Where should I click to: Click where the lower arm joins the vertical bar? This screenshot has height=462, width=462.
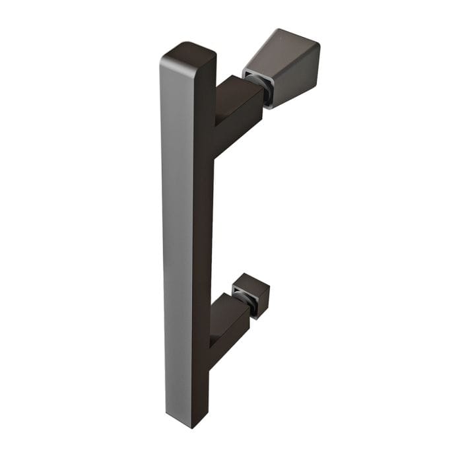coord(209,337)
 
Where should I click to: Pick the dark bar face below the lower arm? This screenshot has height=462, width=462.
coord(200,389)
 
